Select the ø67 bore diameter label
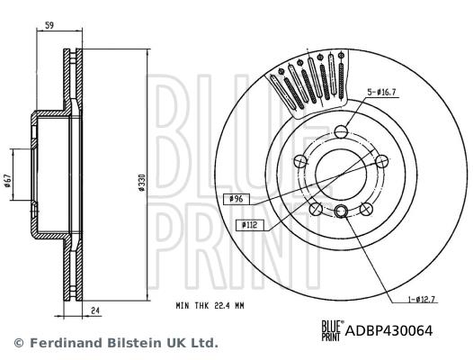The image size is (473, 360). coord(9,183)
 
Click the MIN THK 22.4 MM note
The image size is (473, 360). coord(211,306)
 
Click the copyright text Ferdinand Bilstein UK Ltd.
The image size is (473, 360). coord(121,343)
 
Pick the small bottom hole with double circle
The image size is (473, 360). coord(342,212)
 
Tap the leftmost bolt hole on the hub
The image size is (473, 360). coord(300,162)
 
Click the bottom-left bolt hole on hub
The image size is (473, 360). coord(314,209)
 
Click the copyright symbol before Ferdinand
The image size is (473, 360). coord(18,343)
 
